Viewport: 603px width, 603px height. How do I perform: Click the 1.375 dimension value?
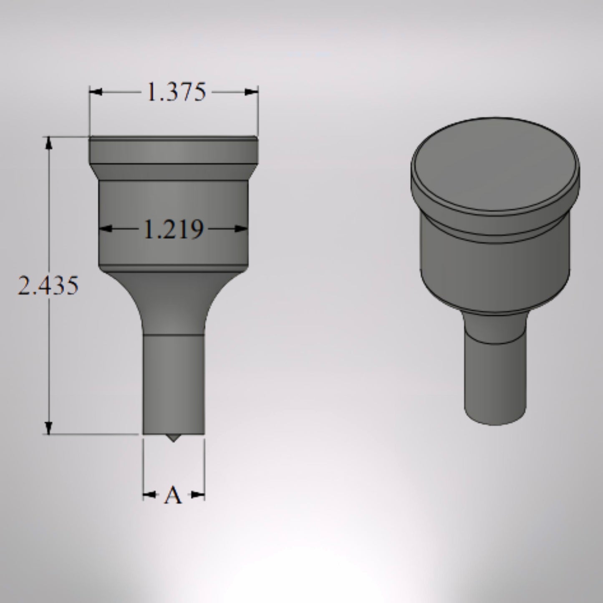176,92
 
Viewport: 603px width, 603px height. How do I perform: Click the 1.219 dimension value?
174,229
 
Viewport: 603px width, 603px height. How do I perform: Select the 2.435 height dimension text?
48,286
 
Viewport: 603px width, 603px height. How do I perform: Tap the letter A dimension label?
173,496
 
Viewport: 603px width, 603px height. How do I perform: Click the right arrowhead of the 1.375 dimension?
252,92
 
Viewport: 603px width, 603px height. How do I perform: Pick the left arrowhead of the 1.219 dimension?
106,229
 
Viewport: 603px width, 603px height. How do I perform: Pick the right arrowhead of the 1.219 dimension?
242,229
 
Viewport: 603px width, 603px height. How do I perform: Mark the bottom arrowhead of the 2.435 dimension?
49,428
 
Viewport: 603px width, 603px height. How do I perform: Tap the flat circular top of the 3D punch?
495,163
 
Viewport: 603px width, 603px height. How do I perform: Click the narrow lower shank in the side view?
174,384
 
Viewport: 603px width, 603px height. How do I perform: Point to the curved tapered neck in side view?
174,300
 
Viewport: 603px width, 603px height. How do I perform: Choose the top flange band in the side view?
174,151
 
